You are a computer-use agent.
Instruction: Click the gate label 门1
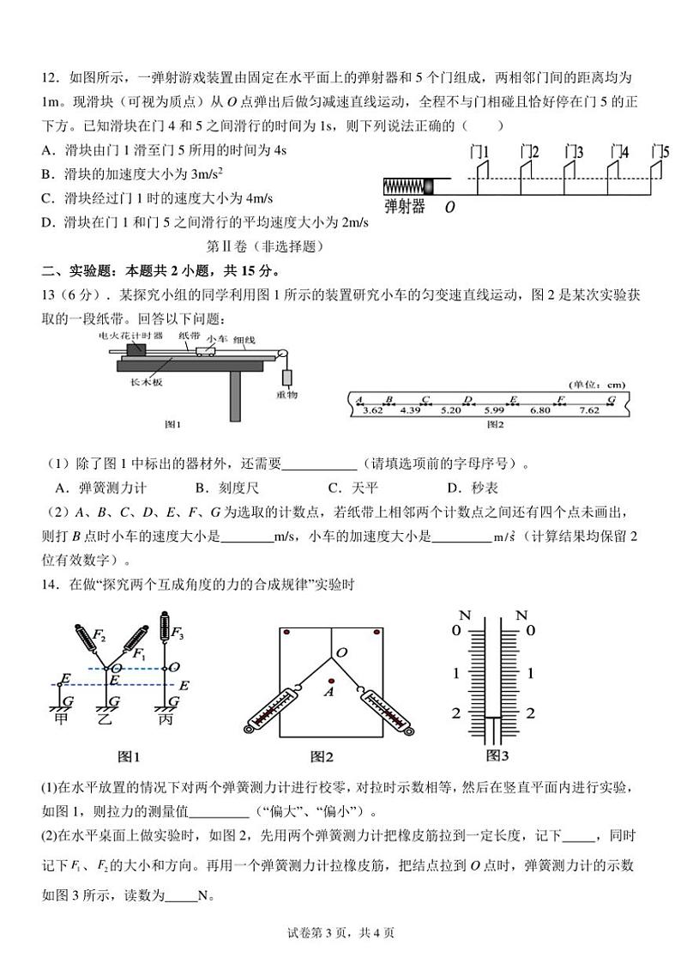(x=480, y=153)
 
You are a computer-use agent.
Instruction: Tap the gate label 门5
(x=660, y=153)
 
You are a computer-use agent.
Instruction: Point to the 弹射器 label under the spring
(x=405, y=207)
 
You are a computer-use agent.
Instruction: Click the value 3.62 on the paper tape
(x=371, y=410)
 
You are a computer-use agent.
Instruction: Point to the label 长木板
(x=145, y=383)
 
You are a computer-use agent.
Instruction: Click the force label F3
(x=178, y=634)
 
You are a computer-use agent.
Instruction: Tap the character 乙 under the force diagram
(x=112, y=718)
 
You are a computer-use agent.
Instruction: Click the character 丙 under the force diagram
(x=165, y=718)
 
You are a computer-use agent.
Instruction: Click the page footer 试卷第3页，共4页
(x=340, y=933)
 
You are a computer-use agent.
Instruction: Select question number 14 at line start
(x=49, y=585)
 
